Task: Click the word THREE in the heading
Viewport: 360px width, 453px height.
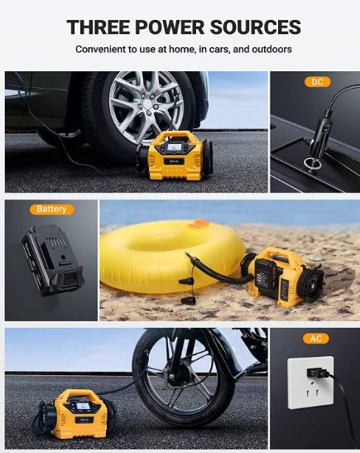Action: click(x=98, y=27)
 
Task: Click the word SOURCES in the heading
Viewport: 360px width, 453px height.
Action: click(x=255, y=27)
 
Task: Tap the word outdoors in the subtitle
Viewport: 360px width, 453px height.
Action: click(x=271, y=50)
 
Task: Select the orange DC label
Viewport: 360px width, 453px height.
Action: click(x=317, y=82)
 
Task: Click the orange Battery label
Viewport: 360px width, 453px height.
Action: click(x=51, y=209)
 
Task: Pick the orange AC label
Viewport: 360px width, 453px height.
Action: click(x=316, y=339)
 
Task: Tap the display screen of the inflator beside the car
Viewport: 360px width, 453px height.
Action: click(x=175, y=147)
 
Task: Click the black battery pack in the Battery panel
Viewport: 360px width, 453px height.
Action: click(x=52, y=260)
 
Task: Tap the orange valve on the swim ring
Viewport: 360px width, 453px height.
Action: click(x=199, y=223)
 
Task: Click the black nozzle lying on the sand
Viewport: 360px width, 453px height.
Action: click(x=188, y=301)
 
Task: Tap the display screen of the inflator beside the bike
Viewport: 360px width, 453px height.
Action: click(x=83, y=407)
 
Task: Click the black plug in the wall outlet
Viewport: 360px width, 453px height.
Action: click(x=318, y=373)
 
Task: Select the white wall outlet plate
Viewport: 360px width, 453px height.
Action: click(x=310, y=383)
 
